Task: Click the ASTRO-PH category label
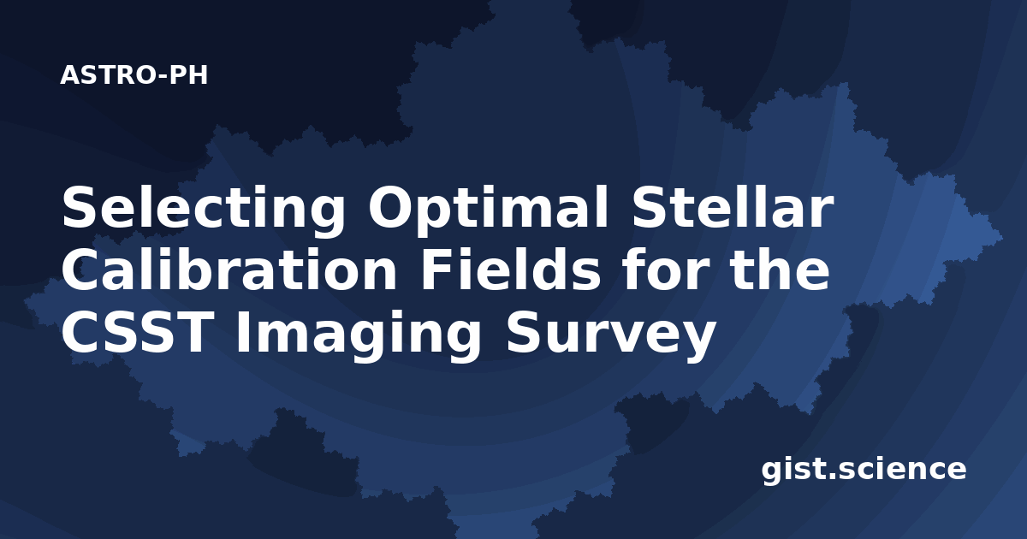134,75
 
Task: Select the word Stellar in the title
733,207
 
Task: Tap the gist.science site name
864,471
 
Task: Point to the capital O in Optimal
390,207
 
